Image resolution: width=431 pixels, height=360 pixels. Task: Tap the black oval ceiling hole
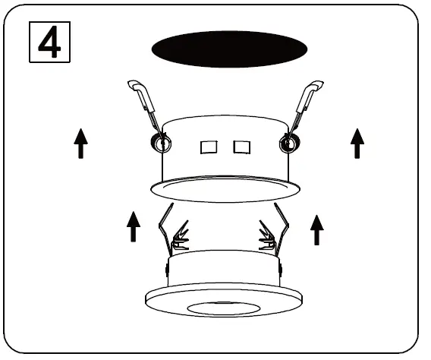(x=229, y=49)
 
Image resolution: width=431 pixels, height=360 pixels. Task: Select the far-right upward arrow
(x=357, y=143)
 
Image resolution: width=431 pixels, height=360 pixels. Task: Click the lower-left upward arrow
(x=134, y=226)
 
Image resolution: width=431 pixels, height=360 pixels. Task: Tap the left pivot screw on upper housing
(x=162, y=142)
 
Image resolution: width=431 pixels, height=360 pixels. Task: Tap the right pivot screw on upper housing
(x=288, y=142)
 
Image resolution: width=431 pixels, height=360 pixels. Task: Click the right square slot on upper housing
(x=241, y=146)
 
